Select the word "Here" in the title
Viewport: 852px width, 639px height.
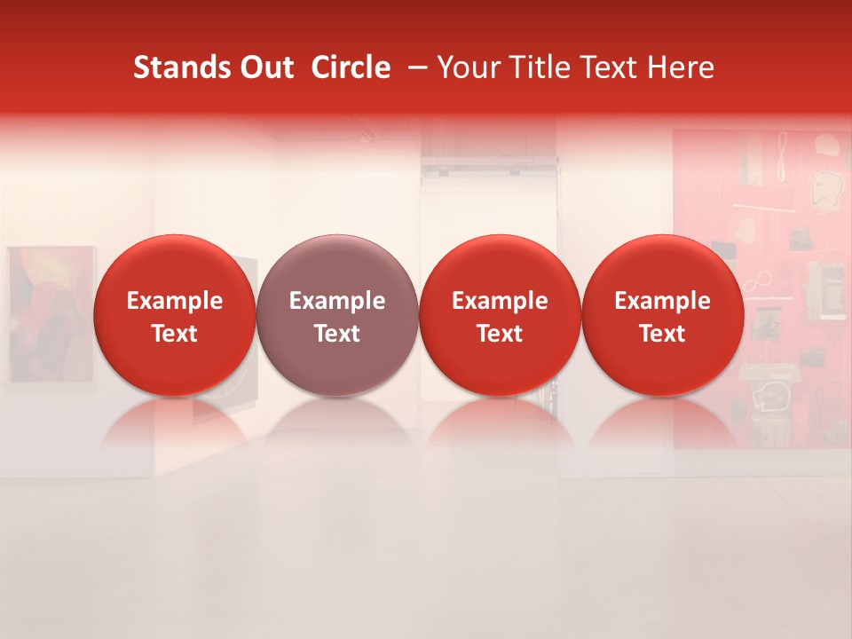click(x=681, y=67)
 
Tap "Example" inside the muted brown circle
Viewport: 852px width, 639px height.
click(x=337, y=301)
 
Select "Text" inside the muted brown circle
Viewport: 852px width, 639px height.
click(x=337, y=334)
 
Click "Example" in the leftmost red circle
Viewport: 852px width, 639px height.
click(x=175, y=301)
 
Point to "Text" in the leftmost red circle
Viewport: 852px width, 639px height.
click(x=175, y=334)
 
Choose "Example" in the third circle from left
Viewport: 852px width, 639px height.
click(x=500, y=301)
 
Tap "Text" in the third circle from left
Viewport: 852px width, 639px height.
click(x=500, y=334)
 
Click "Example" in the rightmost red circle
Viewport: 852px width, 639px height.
click(x=663, y=301)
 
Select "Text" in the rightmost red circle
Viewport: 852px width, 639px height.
click(x=663, y=334)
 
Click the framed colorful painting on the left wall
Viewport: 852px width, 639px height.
click(x=50, y=315)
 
